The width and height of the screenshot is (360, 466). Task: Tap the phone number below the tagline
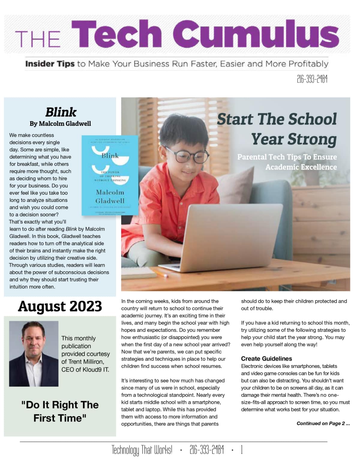312,79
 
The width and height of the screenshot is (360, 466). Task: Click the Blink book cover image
110,175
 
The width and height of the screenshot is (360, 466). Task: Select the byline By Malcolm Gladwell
60,124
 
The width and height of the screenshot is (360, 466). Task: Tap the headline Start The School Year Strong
277,129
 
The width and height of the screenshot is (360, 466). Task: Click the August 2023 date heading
60,306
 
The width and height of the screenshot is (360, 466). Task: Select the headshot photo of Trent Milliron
34,353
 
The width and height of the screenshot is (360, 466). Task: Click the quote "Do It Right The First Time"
60,411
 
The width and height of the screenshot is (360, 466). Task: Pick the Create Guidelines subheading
266,359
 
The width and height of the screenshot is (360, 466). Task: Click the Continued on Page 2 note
323,423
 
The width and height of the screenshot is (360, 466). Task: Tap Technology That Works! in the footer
142,450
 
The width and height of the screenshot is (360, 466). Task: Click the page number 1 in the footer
242,450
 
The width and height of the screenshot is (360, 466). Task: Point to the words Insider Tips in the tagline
50,64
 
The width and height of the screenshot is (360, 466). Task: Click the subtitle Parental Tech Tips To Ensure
287,157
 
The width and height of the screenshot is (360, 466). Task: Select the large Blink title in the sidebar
61,112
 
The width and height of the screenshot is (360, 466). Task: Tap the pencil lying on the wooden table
161,274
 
